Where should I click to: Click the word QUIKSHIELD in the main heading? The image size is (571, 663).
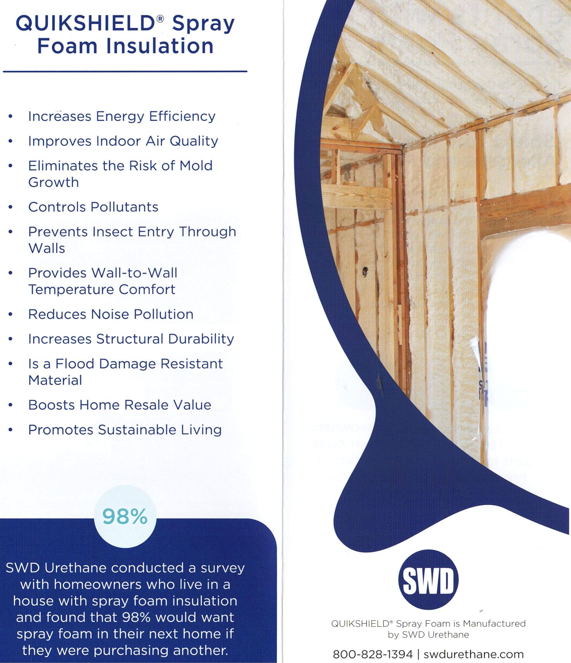[85, 24]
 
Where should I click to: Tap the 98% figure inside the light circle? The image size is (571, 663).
[125, 517]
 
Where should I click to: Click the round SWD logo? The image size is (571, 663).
[428, 580]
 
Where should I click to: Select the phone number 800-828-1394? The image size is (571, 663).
[373, 654]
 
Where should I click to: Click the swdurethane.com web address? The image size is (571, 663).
[474, 654]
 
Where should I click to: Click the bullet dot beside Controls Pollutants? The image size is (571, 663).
[11, 207]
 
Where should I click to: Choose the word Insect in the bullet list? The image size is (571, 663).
[156, 232]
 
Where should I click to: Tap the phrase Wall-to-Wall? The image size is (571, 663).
[135, 273]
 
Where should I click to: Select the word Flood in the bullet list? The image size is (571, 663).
[75, 364]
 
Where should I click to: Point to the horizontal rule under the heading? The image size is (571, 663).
[125, 71]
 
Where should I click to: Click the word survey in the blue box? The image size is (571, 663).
[222, 568]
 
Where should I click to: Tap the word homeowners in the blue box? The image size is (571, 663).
[94, 584]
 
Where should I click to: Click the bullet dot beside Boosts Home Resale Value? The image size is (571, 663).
[11, 405]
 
